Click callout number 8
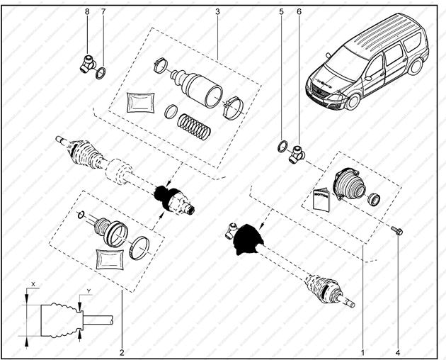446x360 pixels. (87, 12)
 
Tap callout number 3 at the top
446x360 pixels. (217, 12)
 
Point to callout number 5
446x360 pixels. (281, 12)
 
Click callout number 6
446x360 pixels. (298, 12)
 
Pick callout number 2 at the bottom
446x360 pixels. (122, 351)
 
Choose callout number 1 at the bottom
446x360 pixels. (362, 351)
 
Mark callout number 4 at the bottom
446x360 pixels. (398, 351)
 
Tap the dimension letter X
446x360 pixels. (33, 283)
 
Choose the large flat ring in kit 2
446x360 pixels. (141, 247)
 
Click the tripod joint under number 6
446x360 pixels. (297, 153)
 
